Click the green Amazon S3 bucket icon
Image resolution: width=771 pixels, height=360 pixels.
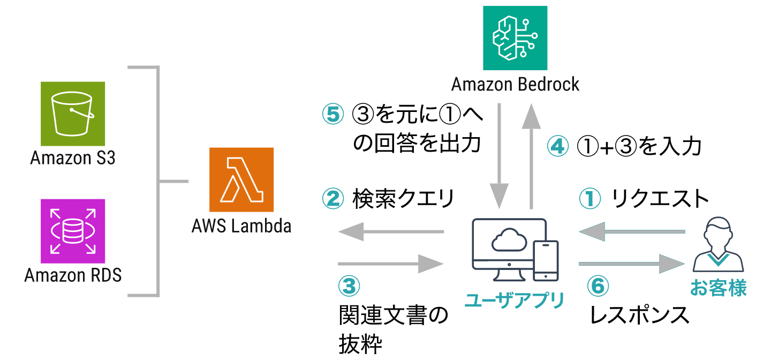[x=73, y=114]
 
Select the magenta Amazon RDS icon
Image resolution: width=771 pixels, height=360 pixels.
[x=73, y=231]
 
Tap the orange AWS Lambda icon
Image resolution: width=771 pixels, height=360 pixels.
[x=241, y=179]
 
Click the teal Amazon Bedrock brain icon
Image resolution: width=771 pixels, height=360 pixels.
[x=515, y=37]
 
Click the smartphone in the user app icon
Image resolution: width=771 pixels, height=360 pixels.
[x=547, y=260]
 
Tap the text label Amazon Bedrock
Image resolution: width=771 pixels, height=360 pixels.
[x=515, y=85]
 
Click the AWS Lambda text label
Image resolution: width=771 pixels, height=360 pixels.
[x=241, y=226]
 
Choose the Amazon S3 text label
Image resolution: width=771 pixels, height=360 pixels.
[x=73, y=159]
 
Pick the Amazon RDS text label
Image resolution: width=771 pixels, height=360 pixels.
[x=73, y=275]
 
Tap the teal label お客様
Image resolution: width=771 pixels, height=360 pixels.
[x=718, y=288]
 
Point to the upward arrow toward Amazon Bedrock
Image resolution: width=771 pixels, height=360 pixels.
[x=531, y=155]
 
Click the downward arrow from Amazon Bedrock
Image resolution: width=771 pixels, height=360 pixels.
[x=499, y=155]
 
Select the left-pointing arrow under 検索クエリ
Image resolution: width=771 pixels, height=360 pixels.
[x=391, y=231]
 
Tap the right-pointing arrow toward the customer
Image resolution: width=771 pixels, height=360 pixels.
[x=632, y=264]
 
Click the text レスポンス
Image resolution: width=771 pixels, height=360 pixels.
[x=639, y=315]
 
